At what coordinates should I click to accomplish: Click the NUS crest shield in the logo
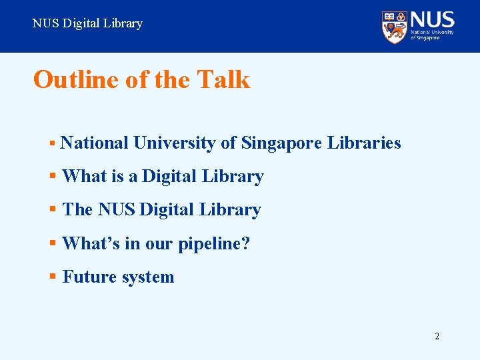[395, 27]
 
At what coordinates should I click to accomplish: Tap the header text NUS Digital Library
[87, 23]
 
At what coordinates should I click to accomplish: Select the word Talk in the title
[223, 80]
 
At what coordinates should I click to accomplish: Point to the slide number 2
[437, 336]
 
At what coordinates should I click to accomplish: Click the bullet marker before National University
[52, 143]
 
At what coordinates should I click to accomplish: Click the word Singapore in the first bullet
[282, 143]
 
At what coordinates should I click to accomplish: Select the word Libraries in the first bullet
[364, 143]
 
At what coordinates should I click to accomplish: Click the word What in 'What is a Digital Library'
[84, 177]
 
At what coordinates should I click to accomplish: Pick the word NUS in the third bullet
[116, 210]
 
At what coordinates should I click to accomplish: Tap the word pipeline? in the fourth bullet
[213, 244]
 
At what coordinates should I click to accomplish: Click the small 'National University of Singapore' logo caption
[432, 35]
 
